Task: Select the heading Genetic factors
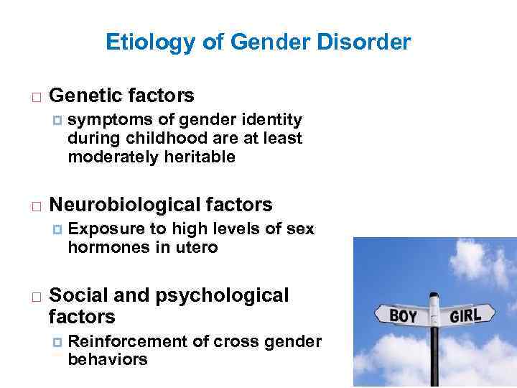click(121, 95)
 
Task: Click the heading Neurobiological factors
click(160, 205)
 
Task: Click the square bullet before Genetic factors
click(35, 96)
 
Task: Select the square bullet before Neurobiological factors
click(35, 206)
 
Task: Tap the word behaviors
click(108, 359)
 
